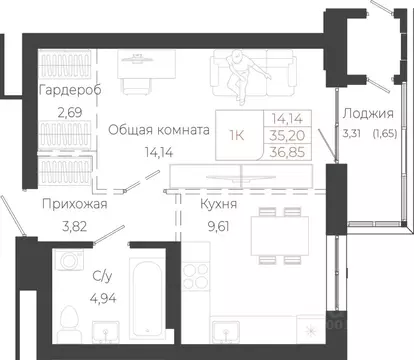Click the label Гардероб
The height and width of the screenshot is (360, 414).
68,91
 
